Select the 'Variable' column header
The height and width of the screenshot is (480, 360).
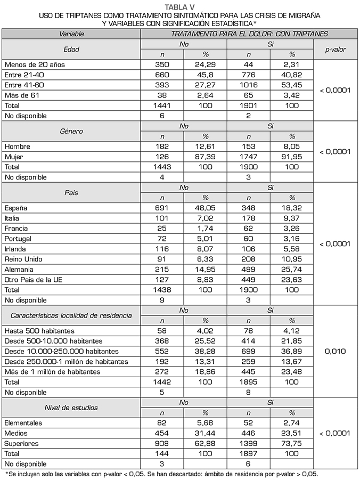71,34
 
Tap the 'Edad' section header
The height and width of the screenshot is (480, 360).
71,49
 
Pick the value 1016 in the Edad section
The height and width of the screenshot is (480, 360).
249,85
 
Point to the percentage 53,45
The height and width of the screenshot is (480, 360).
292,85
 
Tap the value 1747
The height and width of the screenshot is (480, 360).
249,157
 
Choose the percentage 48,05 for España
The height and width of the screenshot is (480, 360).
206,208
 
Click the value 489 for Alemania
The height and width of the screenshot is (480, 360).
249,270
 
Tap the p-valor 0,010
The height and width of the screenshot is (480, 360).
335,352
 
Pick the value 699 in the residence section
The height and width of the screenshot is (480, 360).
249,352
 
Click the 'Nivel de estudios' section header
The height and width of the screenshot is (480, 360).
71,408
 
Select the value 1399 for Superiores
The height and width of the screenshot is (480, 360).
249,444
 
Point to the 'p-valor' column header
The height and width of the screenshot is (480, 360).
335,49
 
